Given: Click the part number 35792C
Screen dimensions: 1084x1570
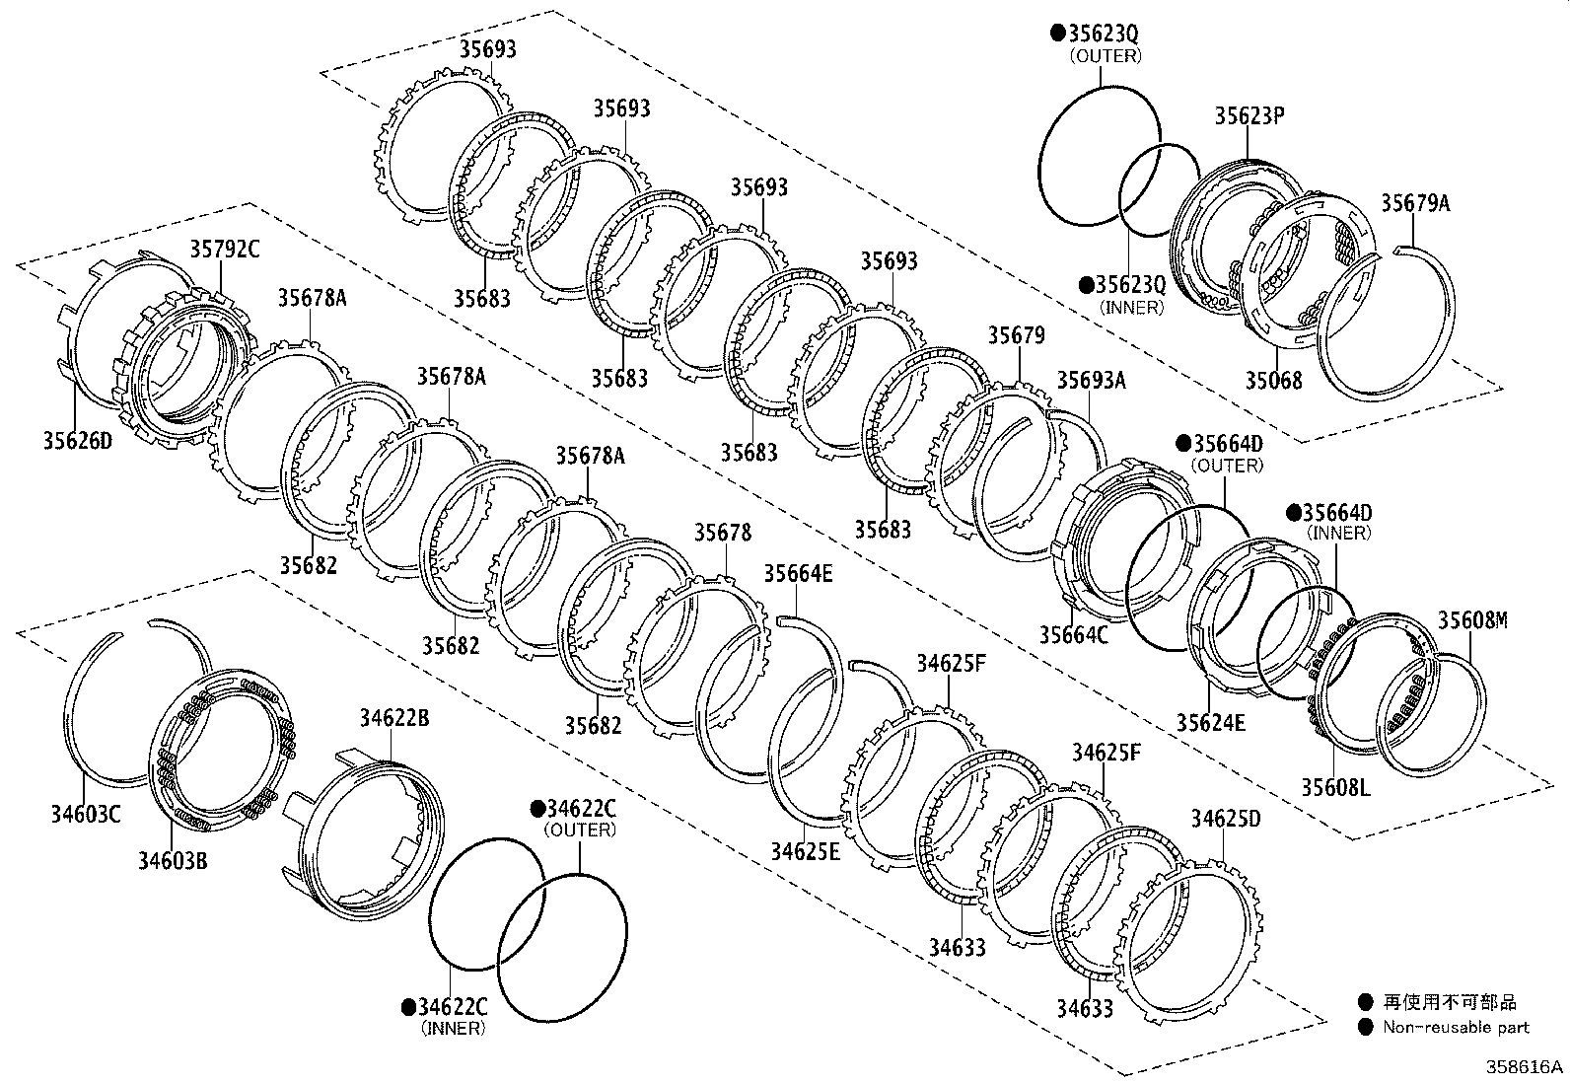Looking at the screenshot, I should (224, 249).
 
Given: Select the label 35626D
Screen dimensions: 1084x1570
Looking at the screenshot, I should (76, 440).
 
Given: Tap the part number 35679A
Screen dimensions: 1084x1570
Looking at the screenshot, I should (1415, 203).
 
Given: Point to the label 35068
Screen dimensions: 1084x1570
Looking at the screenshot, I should (1272, 381).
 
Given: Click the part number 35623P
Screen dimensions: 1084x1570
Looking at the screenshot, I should (1249, 115).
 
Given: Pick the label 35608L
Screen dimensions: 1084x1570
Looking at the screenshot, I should (1335, 787).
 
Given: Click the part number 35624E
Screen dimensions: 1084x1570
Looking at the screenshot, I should (1210, 722).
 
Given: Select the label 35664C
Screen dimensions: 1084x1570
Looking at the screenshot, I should (1073, 635).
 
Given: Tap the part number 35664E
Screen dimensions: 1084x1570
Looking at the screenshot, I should (798, 573).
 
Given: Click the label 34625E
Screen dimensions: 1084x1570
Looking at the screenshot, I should (806, 850).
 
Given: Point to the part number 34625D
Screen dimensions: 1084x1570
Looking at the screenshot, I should (1225, 819).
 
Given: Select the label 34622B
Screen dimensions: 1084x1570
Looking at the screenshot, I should (393, 717).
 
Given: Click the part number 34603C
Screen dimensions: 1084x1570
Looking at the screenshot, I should (86, 814).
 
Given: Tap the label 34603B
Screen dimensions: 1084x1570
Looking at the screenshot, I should (173, 860).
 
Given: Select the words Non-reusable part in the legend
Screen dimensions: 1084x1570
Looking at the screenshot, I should (1455, 1028).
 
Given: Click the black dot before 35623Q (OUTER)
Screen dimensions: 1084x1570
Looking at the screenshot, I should (1056, 34).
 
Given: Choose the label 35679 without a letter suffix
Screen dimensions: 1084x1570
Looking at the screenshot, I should (1016, 335).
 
